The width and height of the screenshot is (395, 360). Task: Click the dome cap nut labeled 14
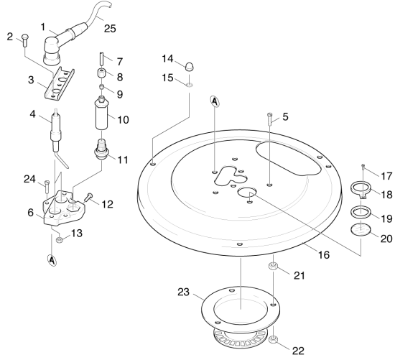[189, 67]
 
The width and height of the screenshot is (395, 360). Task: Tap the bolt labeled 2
[25, 40]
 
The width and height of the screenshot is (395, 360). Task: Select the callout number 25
[110, 29]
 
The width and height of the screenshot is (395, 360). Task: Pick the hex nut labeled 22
[273, 340]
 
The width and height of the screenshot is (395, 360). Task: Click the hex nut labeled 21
[273, 266]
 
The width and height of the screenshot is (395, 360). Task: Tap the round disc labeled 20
[361, 229]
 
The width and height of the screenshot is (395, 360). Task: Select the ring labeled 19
[361, 211]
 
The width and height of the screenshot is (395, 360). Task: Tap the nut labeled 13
[60, 240]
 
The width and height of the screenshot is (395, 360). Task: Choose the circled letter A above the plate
[215, 101]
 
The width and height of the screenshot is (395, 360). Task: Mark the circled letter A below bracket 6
[52, 261]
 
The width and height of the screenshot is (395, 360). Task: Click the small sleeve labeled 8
[102, 74]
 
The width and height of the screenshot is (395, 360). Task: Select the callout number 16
[324, 255]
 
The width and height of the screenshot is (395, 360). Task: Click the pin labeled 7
[102, 57]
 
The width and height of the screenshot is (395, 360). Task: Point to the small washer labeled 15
[189, 85]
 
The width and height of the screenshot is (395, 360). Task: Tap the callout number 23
[183, 292]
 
